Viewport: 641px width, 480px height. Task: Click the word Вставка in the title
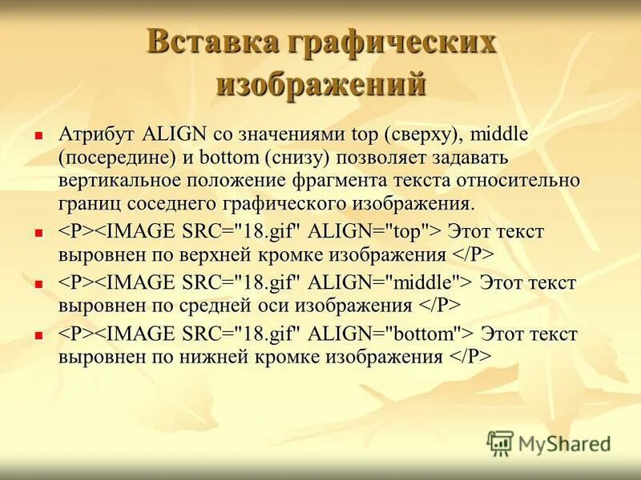[x=207, y=43]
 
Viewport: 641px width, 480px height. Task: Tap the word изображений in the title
[x=321, y=83]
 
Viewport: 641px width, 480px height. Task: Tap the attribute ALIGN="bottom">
[x=393, y=333]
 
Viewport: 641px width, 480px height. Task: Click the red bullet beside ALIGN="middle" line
[x=37, y=283]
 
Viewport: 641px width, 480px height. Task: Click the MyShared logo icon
[x=501, y=442]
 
